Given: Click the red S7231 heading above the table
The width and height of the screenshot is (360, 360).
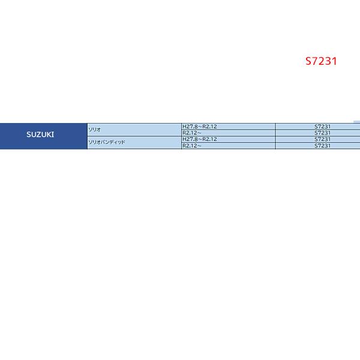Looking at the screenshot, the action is (321, 61).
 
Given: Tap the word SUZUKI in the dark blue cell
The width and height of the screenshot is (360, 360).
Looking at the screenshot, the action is (40, 134).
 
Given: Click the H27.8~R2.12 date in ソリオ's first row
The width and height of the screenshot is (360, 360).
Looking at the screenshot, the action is (200, 126).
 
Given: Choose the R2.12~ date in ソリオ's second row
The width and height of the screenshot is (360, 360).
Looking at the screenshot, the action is (191, 133).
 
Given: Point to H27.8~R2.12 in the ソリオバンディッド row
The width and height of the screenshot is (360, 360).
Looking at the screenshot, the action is (200, 139).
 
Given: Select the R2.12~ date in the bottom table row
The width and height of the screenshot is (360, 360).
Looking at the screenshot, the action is (191, 146).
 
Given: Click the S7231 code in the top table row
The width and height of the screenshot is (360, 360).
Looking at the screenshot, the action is (322, 126).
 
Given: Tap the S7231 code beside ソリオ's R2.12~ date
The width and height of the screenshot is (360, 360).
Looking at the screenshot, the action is (322, 133).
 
